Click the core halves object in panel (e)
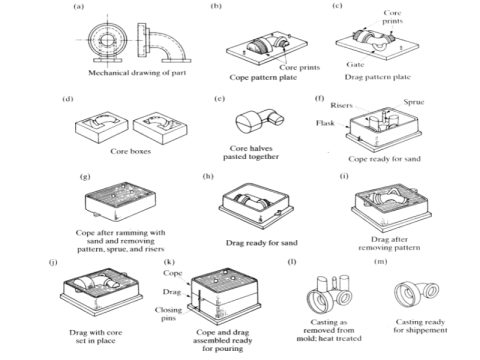[253, 122]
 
